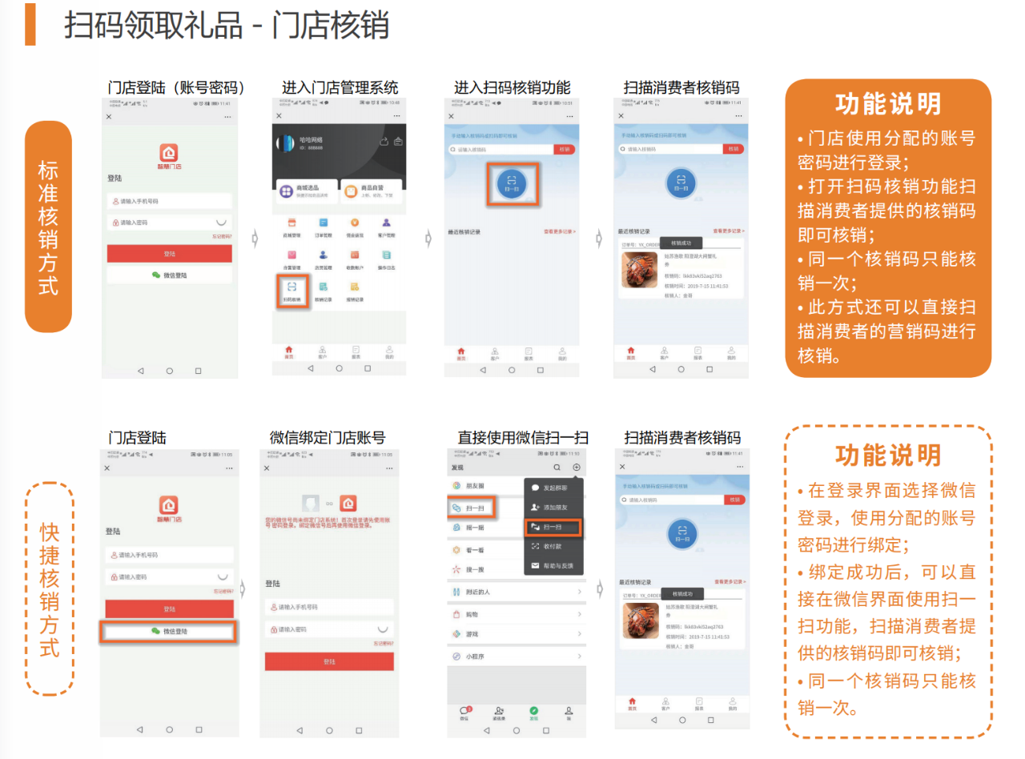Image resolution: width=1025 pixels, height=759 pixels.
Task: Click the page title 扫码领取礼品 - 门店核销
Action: pos(227,26)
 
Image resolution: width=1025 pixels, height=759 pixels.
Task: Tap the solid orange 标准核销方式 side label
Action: pos(48,227)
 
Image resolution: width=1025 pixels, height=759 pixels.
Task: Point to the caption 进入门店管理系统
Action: pos(340,87)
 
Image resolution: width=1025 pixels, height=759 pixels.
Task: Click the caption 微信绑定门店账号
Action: pos(328,438)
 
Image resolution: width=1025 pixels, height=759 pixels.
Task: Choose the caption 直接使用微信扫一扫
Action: pos(523,438)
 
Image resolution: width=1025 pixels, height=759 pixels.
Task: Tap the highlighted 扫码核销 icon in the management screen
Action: pos(291,290)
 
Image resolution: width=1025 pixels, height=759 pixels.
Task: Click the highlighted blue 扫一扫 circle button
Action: pos(511,183)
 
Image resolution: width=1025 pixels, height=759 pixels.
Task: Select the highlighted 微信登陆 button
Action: pos(169,632)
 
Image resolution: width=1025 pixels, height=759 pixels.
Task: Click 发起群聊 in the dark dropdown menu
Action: pos(554,488)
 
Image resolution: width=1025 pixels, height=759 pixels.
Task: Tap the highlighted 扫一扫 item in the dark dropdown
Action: pos(553,527)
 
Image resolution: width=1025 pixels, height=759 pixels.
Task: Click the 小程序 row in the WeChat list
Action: pos(475,657)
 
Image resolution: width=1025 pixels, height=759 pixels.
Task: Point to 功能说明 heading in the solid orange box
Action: pos(888,104)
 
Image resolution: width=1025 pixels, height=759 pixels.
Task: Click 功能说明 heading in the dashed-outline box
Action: pos(888,455)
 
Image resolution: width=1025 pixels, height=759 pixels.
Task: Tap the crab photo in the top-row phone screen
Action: pos(639,271)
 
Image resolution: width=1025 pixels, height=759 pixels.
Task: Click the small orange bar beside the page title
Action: pos(30,24)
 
